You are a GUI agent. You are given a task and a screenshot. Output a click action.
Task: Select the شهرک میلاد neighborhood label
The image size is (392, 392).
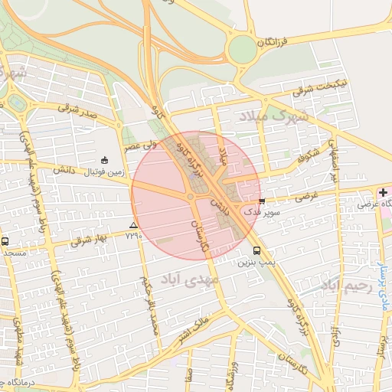point(274,116)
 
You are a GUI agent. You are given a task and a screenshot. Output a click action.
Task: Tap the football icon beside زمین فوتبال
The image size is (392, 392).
point(105,160)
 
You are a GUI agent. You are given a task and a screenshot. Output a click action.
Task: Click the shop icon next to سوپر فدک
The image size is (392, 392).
point(263,202)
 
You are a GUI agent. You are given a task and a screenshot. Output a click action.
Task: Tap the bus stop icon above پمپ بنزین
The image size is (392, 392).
point(256,250)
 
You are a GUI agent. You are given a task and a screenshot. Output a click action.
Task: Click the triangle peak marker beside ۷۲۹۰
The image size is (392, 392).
point(134,225)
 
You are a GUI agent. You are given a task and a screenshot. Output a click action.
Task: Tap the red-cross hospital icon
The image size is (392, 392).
point(383,191)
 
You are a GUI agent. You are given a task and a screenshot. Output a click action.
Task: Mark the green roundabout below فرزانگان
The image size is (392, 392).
point(243,50)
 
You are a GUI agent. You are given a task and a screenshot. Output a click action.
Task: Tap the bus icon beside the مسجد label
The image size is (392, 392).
point(5,242)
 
